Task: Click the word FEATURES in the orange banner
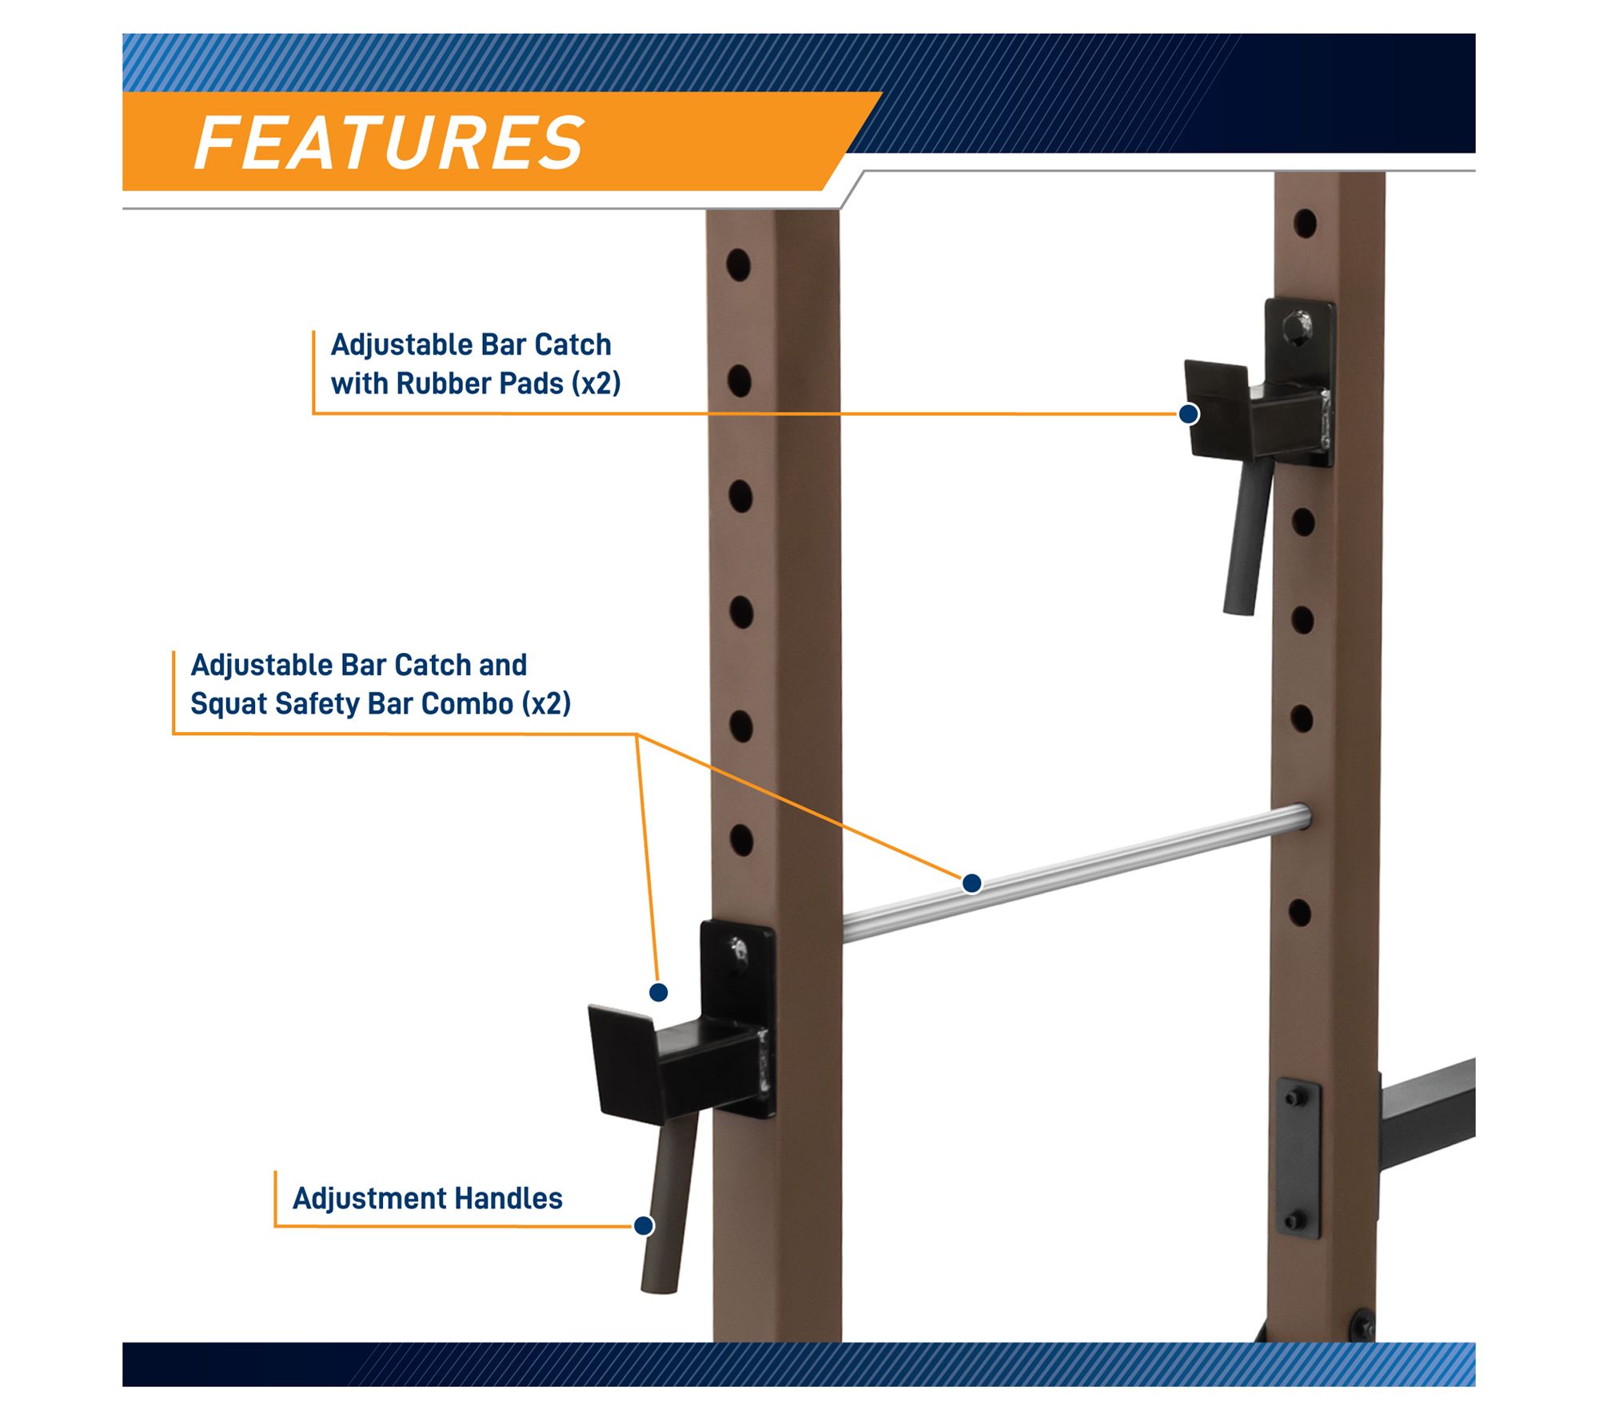pyautogui.click(x=389, y=143)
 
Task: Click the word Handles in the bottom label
pyautogui.click(x=508, y=1199)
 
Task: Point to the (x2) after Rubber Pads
pyautogui.click(x=596, y=384)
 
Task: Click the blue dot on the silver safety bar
pyautogui.click(x=971, y=883)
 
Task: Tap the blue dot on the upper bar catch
pyautogui.click(x=1188, y=414)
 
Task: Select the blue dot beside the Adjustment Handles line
pyautogui.click(x=644, y=1225)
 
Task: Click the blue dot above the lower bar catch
pyautogui.click(x=658, y=993)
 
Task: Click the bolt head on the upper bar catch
pyautogui.click(x=1296, y=328)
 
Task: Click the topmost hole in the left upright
pyautogui.click(x=738, y=265)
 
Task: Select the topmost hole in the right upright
pyautogui.click(x=1305, y=224)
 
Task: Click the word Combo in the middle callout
pyautogui.click(x=467, y=704)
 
